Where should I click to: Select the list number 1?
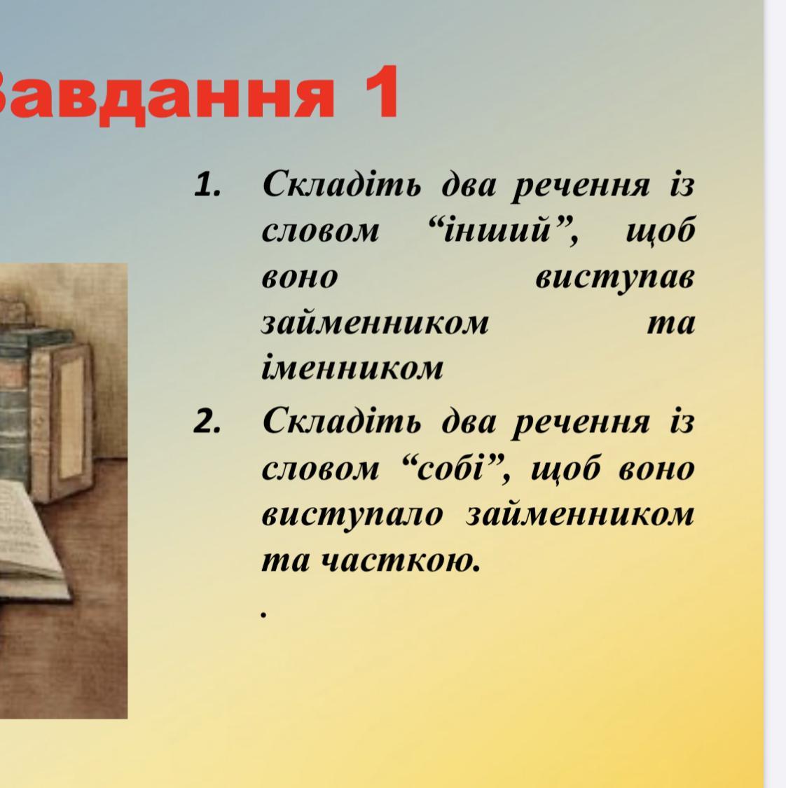[x=207, y=186]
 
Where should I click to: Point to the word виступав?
[x=615, y=278]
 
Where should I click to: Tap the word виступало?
[x=352, y=516]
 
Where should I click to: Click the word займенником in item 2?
[x=580, y=515]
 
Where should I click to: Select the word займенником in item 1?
[x=375, y=323]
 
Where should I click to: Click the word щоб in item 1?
[x=661, y=232]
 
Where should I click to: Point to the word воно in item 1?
[x=300, y=278]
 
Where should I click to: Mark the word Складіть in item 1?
[x=342, y=184]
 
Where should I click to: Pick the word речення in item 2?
[x=581, y=422]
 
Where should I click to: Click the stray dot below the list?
[x=263, y=614]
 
